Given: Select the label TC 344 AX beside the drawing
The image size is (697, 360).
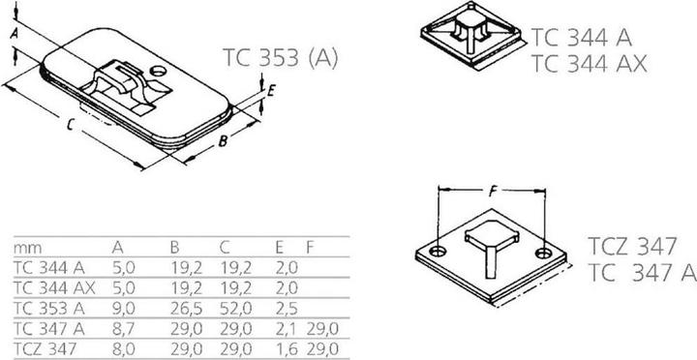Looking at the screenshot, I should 589,65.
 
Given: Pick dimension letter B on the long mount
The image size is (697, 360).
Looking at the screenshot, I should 223,141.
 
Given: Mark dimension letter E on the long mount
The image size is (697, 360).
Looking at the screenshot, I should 273,92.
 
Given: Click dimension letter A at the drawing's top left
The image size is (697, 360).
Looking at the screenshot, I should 13,34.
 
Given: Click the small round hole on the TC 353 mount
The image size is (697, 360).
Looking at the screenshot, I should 160,72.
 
